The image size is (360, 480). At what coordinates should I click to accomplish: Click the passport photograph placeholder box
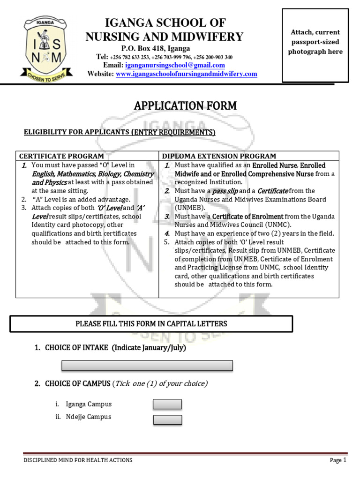315,45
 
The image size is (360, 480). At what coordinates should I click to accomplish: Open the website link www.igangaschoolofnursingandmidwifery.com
187,74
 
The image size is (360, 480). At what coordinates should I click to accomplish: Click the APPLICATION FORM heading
185,106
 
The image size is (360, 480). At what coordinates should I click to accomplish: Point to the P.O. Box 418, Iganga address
156,48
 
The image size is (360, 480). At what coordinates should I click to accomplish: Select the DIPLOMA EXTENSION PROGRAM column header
219,156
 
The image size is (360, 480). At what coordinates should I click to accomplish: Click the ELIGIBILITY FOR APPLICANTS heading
120,133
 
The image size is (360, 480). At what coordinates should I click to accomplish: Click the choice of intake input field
147,366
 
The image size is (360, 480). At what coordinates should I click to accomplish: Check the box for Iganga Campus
167,404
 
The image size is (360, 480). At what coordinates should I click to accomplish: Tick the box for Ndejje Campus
167,420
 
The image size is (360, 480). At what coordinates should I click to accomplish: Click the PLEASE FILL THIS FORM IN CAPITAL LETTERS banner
151,323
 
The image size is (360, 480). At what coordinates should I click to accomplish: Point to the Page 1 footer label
337,460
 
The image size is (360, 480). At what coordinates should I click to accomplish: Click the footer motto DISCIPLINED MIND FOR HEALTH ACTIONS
78,460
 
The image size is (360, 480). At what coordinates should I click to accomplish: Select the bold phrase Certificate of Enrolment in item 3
247,216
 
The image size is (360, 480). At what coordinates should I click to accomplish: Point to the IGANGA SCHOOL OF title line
165,23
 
